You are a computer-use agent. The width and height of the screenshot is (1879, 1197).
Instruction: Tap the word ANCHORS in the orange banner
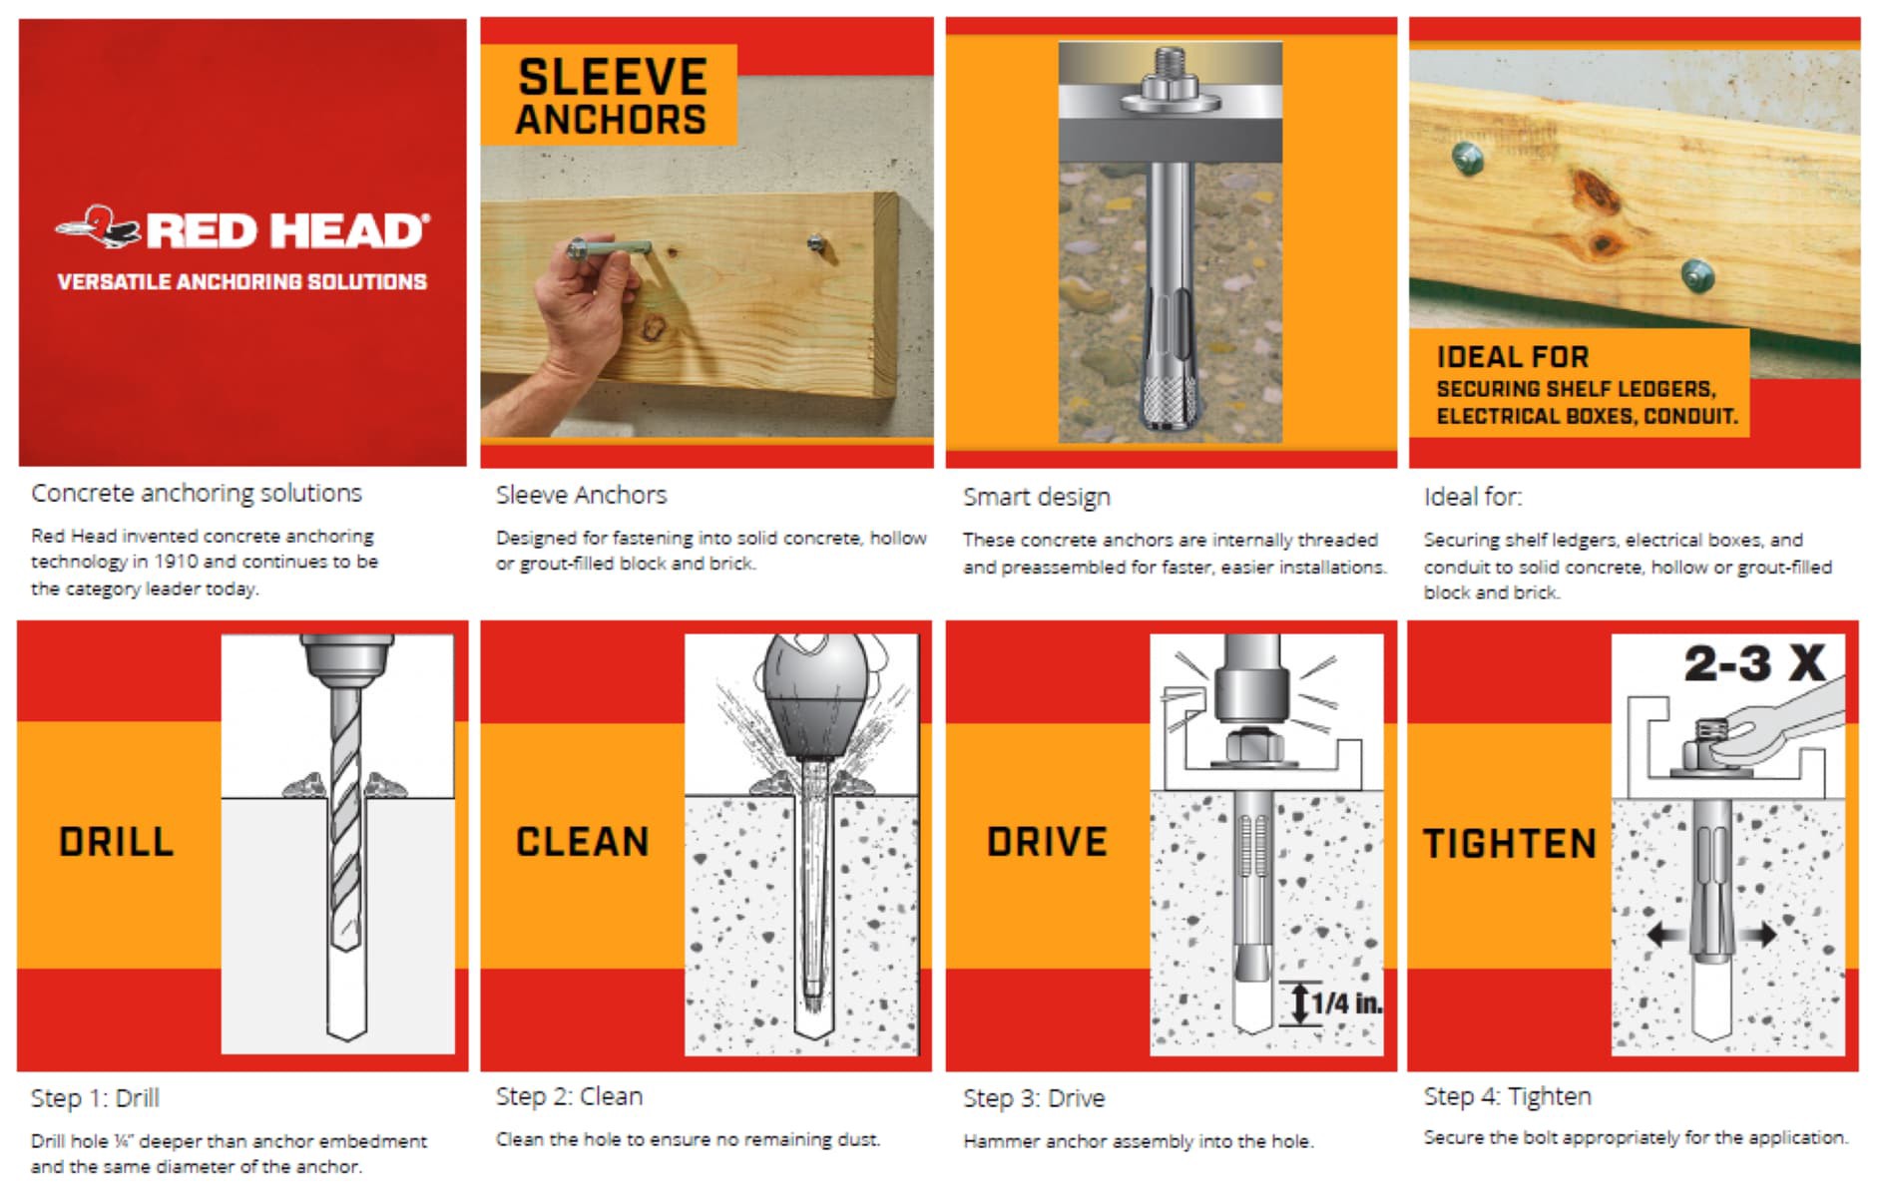point(611,120)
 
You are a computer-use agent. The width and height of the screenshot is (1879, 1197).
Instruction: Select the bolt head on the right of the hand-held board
point(815,242)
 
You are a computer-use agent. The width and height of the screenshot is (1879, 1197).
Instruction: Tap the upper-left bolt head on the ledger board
point(1468,158)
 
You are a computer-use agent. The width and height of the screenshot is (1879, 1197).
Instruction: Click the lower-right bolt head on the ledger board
point(1696,274)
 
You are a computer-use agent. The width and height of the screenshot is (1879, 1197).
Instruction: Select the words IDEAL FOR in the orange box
point(1512,357)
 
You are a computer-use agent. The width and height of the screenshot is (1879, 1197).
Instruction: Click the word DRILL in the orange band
point(116,842)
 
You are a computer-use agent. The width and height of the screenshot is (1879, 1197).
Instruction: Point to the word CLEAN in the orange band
point(582,842)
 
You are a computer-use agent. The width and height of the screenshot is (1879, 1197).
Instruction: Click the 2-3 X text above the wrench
point(1754,663)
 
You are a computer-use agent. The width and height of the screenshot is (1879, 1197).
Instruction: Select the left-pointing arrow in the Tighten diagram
point(1666,935)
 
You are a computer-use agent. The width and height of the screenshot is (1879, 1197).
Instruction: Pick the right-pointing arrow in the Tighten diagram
point(1758,935)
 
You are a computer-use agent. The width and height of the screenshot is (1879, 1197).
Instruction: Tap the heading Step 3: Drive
point(1034,1098)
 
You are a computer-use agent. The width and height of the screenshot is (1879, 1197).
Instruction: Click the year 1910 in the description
point(176,562)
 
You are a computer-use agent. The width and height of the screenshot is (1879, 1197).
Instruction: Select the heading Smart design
point(1036,497)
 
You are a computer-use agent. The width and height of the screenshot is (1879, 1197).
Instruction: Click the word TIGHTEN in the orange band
point(1510,844)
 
